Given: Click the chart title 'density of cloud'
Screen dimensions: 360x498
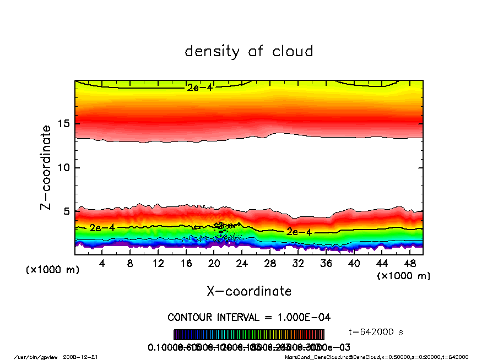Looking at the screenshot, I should (249, 52).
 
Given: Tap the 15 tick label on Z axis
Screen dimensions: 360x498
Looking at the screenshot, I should (64, 123).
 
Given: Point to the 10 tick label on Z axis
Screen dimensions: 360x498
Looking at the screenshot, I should (64, 167).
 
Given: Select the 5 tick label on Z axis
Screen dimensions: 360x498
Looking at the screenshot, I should (67, 211).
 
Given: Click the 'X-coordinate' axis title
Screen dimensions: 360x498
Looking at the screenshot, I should (249, 291).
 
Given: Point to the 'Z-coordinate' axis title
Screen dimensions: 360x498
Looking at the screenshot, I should (46, 167).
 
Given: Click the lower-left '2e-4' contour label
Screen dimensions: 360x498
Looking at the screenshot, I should (102, 228).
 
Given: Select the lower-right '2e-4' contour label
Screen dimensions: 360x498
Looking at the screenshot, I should (299, 232).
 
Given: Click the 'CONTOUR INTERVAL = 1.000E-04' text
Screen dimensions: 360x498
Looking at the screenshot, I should (249, 318).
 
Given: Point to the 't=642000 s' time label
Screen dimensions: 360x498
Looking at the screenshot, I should (377, 332).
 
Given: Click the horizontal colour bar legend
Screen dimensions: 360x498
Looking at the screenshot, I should (249, 335).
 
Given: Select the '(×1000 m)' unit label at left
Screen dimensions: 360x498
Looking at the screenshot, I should (52, 270).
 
